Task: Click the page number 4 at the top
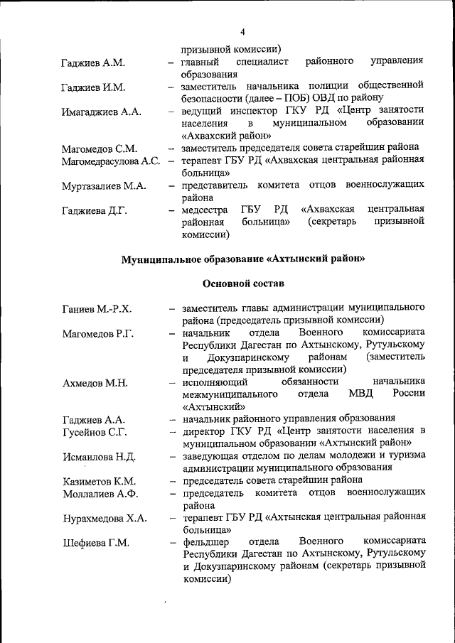(242, 33)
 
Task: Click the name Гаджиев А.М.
(93, 63)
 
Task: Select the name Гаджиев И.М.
(93, 87)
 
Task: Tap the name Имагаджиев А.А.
(102, 112)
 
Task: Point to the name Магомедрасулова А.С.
(110, 161)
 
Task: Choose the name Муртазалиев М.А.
(104, 186)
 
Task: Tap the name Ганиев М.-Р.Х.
(97, 309)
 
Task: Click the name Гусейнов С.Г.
(95, 432)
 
